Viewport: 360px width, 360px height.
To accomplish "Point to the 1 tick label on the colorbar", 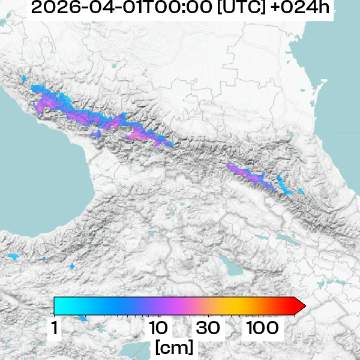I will coord(55,328).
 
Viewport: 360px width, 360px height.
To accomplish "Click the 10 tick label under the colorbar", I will coord(158,328).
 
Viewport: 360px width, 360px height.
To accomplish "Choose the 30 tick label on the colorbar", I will coord(208,328).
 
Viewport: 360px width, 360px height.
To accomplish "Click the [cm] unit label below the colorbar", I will coord(174,347).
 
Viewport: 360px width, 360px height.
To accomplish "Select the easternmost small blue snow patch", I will coord(301,192).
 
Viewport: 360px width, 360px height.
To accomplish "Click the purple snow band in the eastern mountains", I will coord(249,175).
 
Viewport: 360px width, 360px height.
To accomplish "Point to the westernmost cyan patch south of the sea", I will coord(13,257).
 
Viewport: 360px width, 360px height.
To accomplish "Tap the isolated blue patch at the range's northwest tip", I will coord(24,79).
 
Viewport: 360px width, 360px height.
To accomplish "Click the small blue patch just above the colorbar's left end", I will coord(72,265).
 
